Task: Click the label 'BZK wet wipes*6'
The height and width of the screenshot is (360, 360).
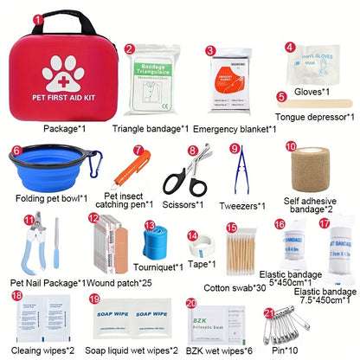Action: tap(219, 350)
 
